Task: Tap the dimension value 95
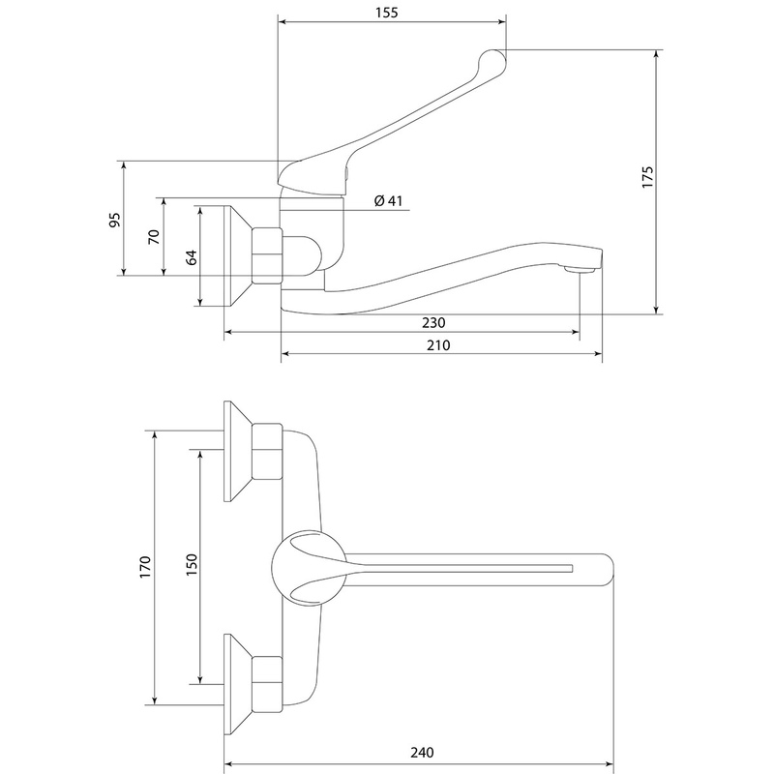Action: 114,220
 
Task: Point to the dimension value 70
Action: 153,237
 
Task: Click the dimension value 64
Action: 191,257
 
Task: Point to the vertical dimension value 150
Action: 190,567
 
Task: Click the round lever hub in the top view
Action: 308,567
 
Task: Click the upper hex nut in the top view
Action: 266,452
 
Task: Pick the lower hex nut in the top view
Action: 266,683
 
